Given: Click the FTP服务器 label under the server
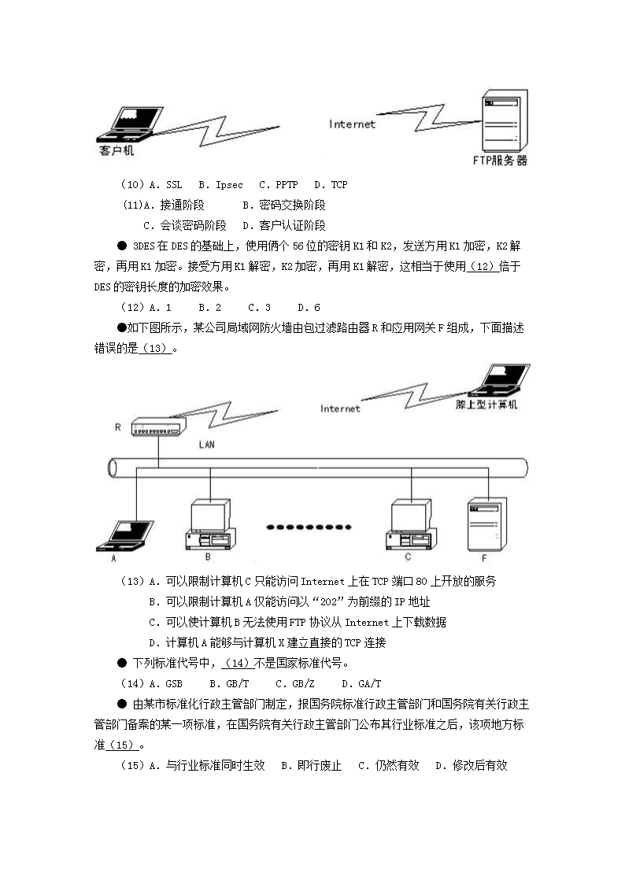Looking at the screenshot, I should coord(500,160).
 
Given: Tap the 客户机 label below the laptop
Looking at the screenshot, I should coord(116,150).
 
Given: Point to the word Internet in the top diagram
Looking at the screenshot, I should coord(352,124).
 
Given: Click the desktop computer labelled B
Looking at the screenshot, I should coord(209,524).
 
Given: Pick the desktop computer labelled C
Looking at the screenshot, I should coord(408,524).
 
